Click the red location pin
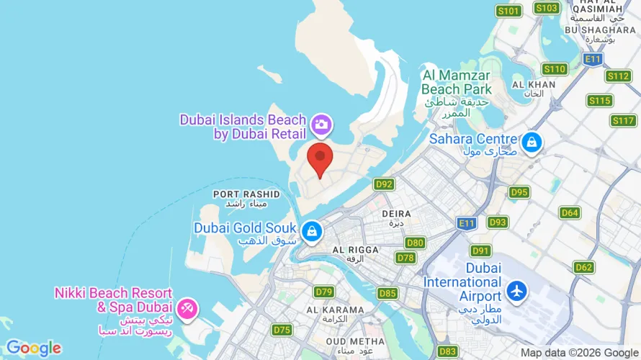point(320,158)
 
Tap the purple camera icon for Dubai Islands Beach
point(321,125)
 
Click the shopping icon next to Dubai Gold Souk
point(311,231)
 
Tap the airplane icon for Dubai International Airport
point(516,290)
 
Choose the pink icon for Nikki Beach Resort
point(188,308)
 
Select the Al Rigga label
point(355,250)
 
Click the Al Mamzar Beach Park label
point(457,82)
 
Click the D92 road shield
point(385,184)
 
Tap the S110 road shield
point(555,69)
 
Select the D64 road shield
point(570,212)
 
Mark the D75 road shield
point(282,330)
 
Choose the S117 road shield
point(624,120)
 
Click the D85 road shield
point(387,293)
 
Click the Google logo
point(33,348)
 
